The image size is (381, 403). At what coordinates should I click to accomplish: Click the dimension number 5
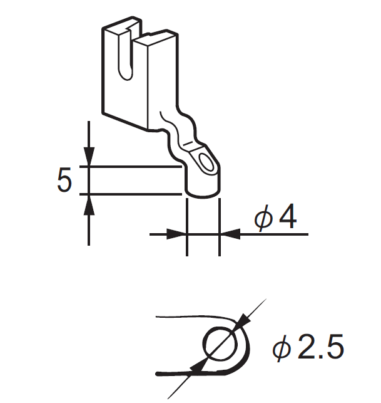pos(64,181)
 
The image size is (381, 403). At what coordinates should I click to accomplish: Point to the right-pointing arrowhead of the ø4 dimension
pos(178,234)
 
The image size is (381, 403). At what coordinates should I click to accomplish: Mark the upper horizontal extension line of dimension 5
pos(135,167)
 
